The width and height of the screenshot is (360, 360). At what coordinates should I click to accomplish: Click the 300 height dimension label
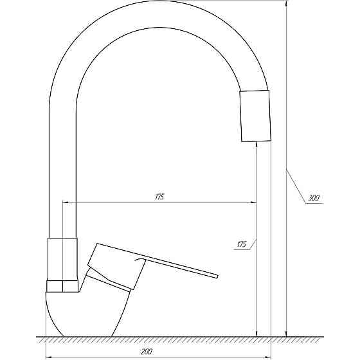click(314, 198)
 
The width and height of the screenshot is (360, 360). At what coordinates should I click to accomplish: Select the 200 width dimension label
click(145, 351)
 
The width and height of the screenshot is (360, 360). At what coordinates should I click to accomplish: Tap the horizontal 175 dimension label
click(160, 197)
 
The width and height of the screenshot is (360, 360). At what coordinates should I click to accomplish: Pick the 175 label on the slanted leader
click(241, 244)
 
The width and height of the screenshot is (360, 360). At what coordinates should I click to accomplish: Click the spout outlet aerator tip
click(255, 116)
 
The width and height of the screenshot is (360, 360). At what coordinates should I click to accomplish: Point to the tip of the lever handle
click(217, 276)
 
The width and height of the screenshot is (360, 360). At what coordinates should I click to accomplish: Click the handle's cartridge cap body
click(116, 266)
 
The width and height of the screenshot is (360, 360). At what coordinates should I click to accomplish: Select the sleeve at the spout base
click(62, 259)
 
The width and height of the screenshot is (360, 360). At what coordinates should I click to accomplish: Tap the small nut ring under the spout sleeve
click(62, 286)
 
